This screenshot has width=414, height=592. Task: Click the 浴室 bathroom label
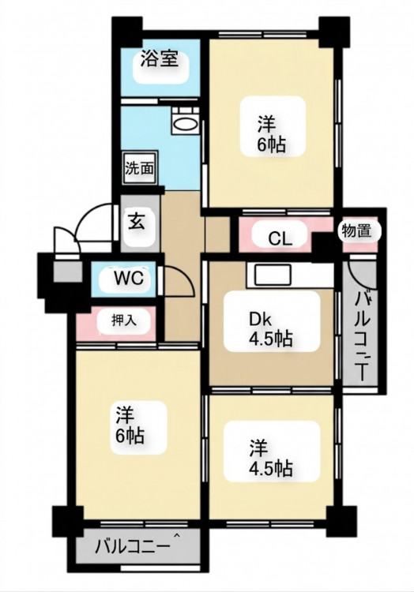click(x=160, y=59)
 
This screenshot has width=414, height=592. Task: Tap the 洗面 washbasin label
click(x=140, y=168)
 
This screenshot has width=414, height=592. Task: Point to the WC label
click(x=130, y=279)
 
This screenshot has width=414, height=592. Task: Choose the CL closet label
click(x=280, y=238)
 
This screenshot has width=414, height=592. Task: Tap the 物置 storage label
click(x=356, y=230)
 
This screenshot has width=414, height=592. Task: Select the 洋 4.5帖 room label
click(x=270, y=459)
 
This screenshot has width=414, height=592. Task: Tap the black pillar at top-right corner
click(x=334, y=31)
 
